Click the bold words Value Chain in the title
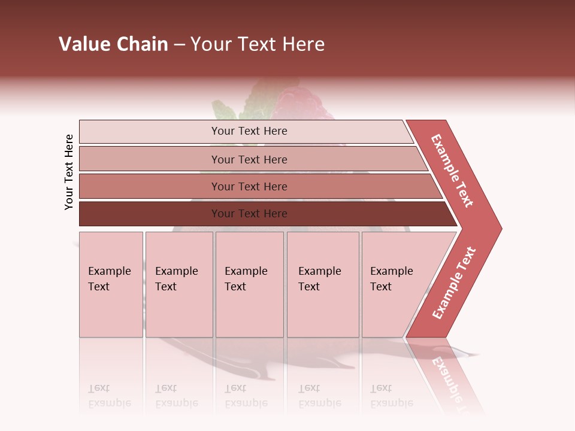[x=113, y=44]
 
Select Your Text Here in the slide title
[x=258, y=44]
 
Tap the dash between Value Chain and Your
[x=179, y=45]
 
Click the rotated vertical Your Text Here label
[x=69, y=172]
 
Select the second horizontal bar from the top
[x=249, y=159]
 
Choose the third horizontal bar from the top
[x=249, y=186]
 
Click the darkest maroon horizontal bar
[x=249, y=214]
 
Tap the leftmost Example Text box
[x=111, y=284]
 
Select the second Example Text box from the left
[x=178, y=284]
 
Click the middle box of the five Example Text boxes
[x=249, y=284]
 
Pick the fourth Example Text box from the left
[x=322, y=284]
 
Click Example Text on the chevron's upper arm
[x=452, y=171]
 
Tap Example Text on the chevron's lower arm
[x=454, y=283]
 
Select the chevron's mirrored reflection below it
[x=446, y=374]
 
